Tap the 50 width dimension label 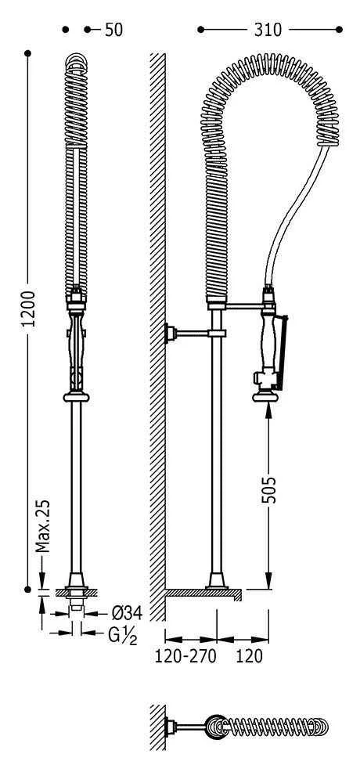pyautogui.click(x=113, y=30)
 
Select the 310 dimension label pyautogui.click(x=268, y=30)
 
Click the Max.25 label pyautogui.click(x=44, y=525)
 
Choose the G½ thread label pyautogui.click(x=123, y=635)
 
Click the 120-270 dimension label pyautogui.click(x=185, y=656)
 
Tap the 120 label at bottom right pyautogui.click(x=250, y=656)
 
